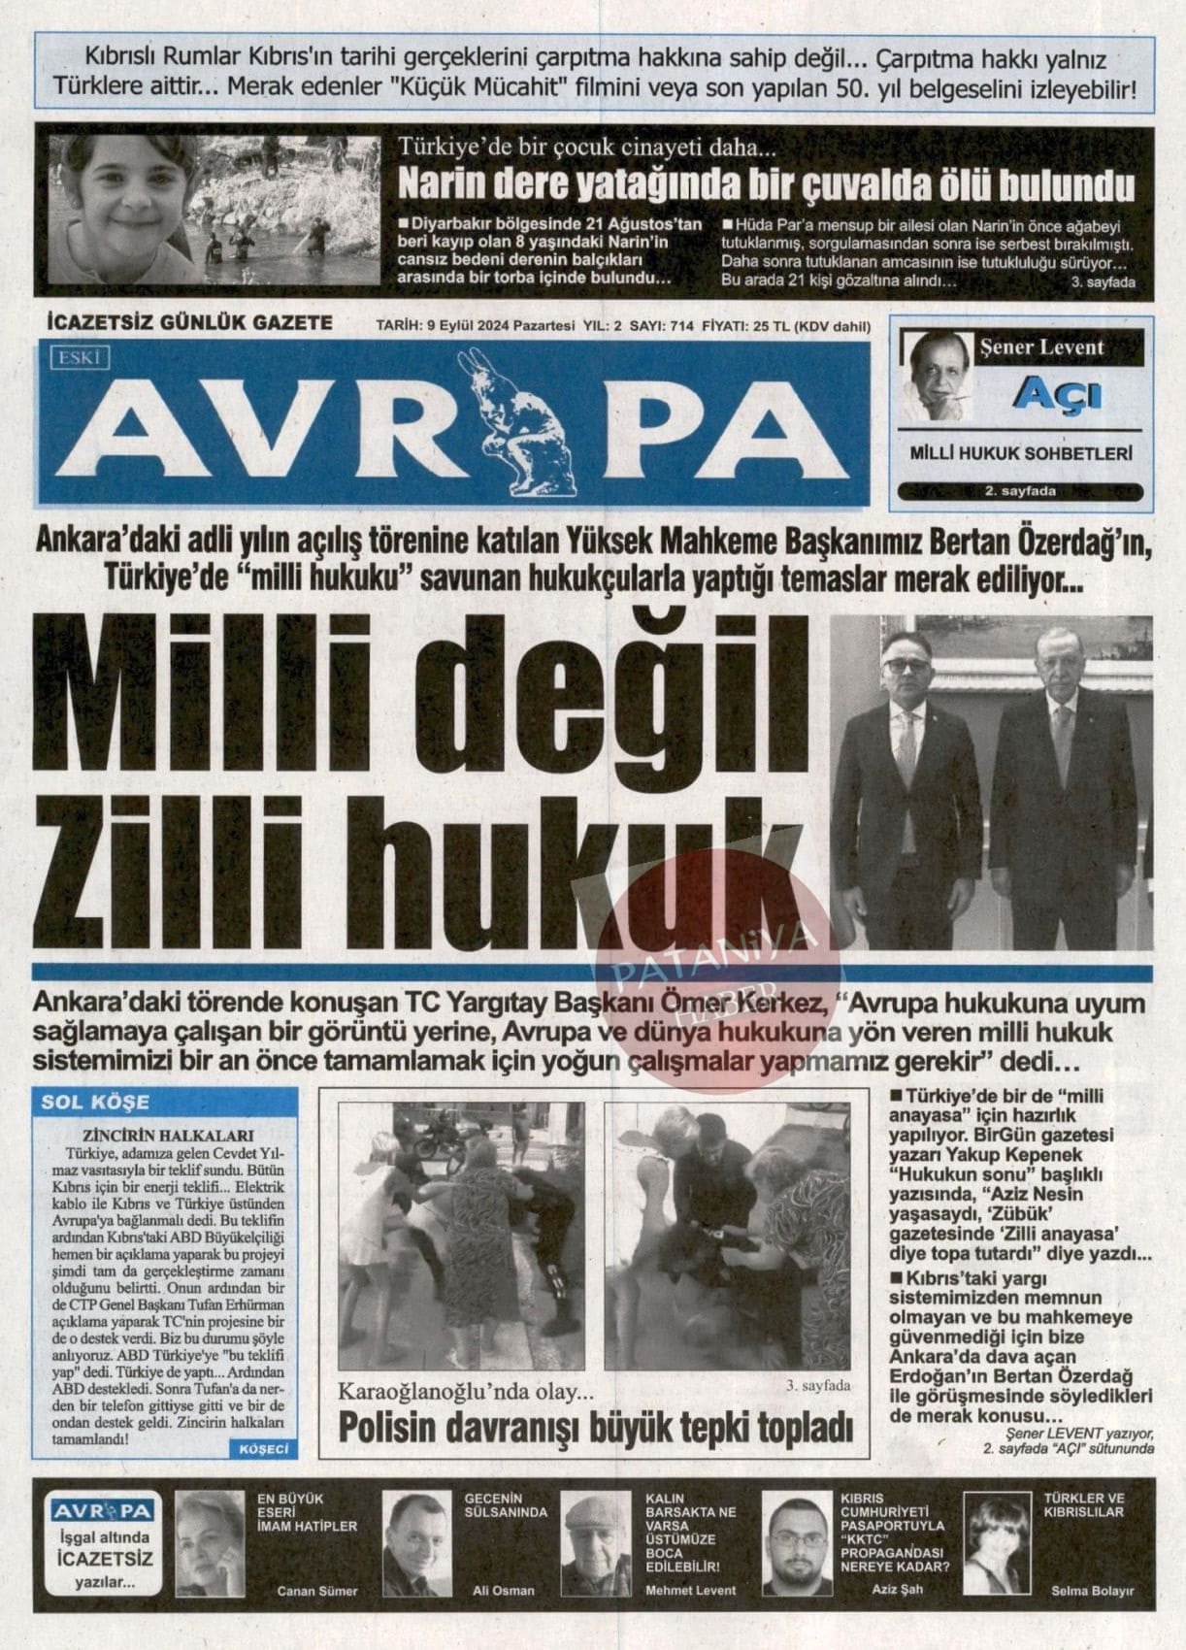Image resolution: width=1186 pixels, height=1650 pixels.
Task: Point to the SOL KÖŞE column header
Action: click(x=95, y=1102)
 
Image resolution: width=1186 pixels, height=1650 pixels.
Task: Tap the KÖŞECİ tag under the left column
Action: click(x=262, y=1448)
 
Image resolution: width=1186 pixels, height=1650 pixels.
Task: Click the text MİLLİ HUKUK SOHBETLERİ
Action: click(x=1021, y=452)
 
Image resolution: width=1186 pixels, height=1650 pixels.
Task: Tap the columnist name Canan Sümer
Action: click(x=317, y=1591)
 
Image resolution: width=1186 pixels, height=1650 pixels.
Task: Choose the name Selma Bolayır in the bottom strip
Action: click(x=1092, y=1591)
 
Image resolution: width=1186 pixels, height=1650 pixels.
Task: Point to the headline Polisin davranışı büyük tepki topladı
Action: click(x=595, y=1428)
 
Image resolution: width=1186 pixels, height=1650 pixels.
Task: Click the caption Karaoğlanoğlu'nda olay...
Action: click(x=465, y=1392)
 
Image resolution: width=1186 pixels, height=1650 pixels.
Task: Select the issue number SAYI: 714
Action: click(x=661, y=326)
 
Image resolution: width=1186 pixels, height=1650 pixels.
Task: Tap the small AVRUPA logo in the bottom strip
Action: click(x=104, y=1512)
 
